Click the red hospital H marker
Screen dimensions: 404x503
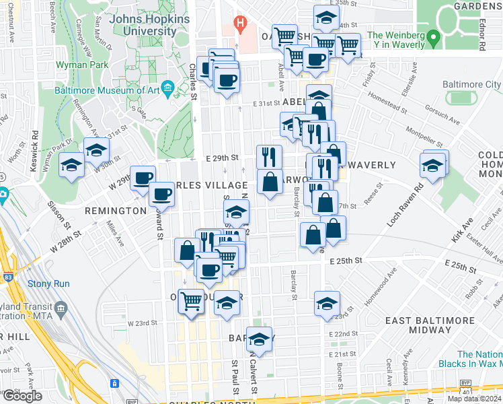pyautogui.click(x=239, y=24)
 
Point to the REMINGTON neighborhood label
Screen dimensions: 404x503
pyautogui.click(x=116, y=211)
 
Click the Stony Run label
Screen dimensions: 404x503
pyautogui.click(x=48, y=283)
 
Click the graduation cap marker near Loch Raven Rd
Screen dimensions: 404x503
pyautogui.click(x=432, y=164)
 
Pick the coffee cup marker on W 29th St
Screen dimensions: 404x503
pyautogui.click(x=142, y=178)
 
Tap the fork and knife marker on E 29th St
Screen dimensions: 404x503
pyautogui.click(x=269, y=158)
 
